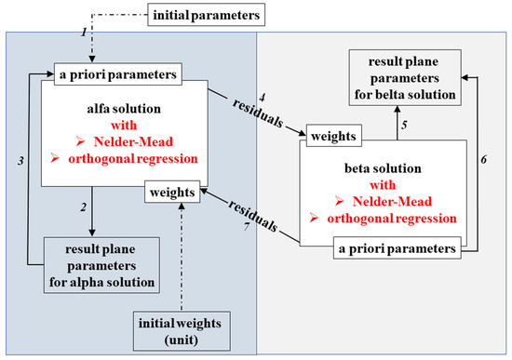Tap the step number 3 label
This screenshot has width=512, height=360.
pyautogui.click(x=20, y=161)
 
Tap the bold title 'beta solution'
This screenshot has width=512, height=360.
pyautogui.click(x=384, y=172)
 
